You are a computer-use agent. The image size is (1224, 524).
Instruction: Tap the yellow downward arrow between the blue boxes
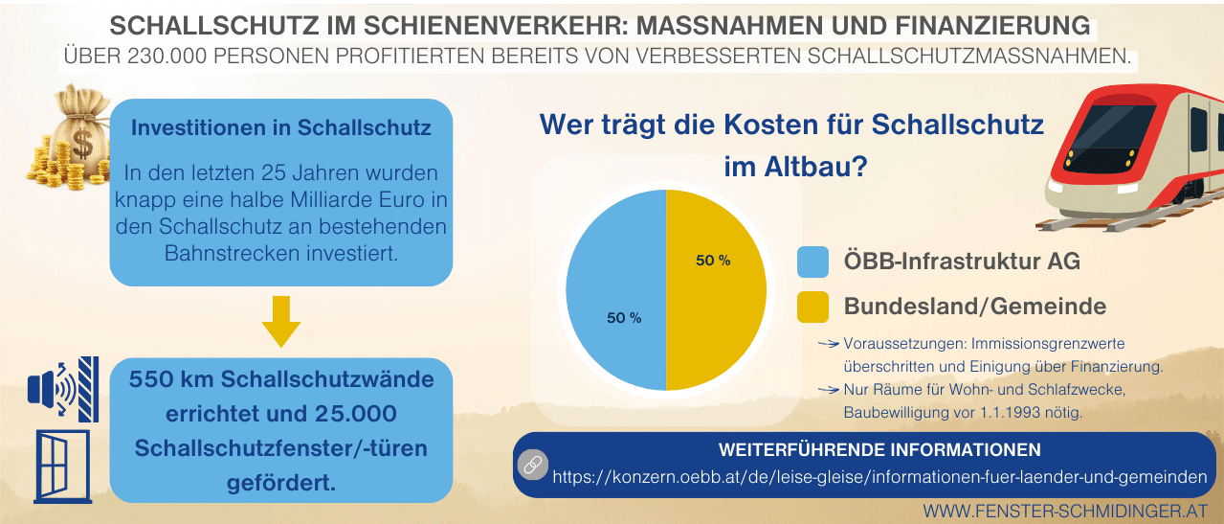pos(280,321)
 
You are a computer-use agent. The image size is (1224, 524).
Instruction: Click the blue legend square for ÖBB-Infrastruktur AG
pos(812,262)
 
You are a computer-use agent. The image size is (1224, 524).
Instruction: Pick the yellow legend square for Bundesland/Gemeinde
pos(812,307)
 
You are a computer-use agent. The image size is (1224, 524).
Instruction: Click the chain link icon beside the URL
pos(531,465)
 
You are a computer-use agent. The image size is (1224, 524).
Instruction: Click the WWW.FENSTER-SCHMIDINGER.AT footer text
pos(1065,511)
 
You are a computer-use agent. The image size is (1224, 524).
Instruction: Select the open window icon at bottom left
pos(62,466)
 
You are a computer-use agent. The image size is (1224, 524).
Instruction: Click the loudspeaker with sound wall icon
pos(63,388)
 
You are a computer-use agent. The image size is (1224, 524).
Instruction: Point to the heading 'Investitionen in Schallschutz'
pos(280,127)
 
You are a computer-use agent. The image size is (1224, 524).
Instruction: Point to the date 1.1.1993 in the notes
pos(1006,413)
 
